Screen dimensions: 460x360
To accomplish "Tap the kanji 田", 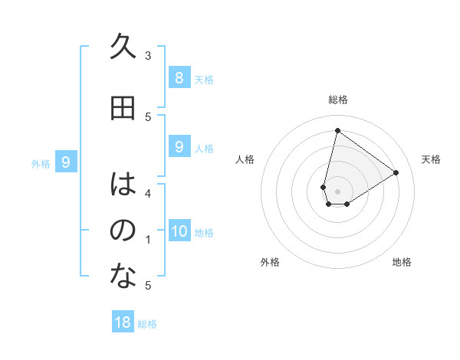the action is coord(123,108).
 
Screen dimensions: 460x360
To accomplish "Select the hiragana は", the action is coord(123,185).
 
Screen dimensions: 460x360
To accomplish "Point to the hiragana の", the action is coord(123,231).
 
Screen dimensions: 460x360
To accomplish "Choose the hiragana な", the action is coord(123,276).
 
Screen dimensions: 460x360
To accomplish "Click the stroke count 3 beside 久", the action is coord(148,56).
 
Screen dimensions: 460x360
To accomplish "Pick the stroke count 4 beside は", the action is coord(148,194).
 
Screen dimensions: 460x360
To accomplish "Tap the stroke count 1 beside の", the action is coord(148,240).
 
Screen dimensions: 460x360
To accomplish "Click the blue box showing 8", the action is coord(179,77).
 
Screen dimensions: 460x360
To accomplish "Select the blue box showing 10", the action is coord(179,231).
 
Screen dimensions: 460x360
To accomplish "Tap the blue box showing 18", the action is coord(123,322).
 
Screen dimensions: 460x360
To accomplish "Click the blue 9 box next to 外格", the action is coord(66,162).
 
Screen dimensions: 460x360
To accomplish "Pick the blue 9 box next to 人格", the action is coord(179,146).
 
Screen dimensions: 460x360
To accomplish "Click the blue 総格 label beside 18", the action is coord(147,324).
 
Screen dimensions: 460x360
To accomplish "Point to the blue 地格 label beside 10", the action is coord(204,233).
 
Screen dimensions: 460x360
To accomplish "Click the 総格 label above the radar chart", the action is coord(337,100).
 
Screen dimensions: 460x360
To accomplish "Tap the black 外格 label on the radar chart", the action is coord(270,262).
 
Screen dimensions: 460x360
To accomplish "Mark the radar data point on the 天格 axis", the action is coord(396,172).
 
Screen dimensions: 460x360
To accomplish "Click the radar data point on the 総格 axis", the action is coord(337,131).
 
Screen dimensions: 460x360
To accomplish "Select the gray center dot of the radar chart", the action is coord(337,191).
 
